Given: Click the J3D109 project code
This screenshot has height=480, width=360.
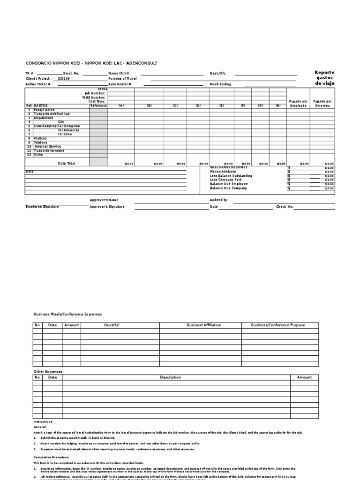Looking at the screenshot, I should point(63,79).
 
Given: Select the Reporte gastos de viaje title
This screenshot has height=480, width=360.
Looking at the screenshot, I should point(324,78).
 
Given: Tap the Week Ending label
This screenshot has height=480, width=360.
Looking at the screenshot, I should point(220,84).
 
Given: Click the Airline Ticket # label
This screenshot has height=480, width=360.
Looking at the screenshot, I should point(37,84).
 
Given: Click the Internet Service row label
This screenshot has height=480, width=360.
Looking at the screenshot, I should point(48,147).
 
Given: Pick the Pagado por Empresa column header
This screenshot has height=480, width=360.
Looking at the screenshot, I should point(322,103).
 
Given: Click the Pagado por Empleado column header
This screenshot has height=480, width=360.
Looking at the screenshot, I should point(298,103).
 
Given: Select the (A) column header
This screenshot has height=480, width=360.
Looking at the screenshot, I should point(121,105).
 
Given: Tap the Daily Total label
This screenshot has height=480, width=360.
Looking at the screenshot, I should point(66,163).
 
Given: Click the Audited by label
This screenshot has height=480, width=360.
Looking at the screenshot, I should point(218,200).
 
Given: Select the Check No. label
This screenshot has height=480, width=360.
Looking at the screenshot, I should point(284,206).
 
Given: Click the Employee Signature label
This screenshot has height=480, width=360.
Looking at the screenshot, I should point(43,207).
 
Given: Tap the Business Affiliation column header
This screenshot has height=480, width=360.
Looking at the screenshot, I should point(203,325).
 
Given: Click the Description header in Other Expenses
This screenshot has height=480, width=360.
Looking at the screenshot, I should point(170,377).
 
